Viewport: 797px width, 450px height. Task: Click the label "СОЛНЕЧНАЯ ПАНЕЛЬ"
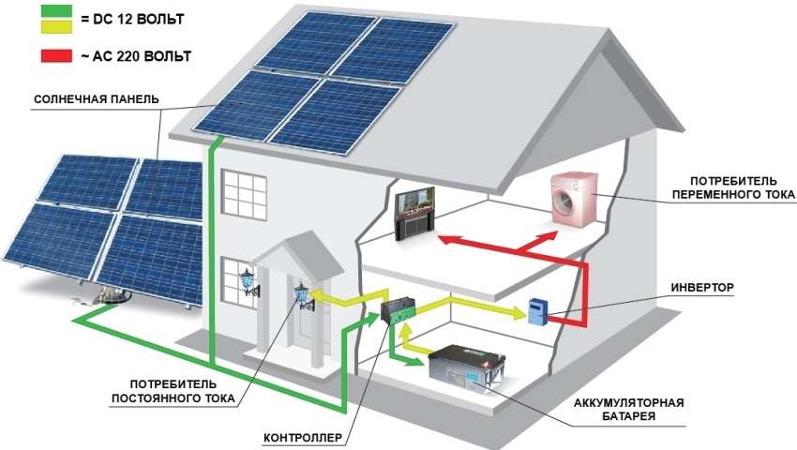click(96, 98)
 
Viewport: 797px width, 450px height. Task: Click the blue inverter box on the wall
click(537, 311)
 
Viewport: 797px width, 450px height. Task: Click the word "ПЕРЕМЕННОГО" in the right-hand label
click(729, 195)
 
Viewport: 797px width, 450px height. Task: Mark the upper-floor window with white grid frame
click(247, 198)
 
